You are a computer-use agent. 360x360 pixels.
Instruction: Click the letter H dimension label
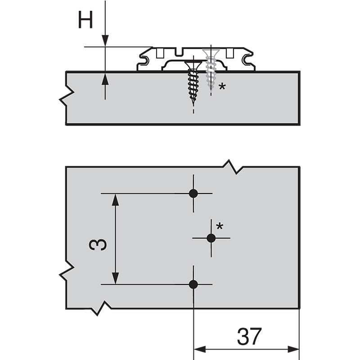pos(85,20)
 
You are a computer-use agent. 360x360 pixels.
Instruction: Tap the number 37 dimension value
pos(249,336)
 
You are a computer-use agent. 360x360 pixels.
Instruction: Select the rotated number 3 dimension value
pos(98,244)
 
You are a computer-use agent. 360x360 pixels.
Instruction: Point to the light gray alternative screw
pos(211,69)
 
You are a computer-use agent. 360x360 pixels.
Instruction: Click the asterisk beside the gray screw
pos(222,87)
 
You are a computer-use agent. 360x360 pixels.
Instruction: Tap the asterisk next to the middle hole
pos(220,226)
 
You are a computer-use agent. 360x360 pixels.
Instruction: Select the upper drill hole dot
pos(193,193)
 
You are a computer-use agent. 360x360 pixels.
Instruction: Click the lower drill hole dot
pos(193,284)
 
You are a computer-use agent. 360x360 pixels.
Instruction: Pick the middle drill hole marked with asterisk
pos(211,238)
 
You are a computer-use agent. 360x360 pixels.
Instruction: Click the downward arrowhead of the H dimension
pos(105,40)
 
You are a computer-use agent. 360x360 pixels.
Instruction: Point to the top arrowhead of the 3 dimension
pos(115,200)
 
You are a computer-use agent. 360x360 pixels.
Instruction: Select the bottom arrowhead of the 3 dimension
pos(115,278)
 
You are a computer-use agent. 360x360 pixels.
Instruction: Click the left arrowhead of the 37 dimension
pos(200,350)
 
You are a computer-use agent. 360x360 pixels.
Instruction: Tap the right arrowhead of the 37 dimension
pos(293,350)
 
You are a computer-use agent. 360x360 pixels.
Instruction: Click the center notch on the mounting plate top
pos(179,52)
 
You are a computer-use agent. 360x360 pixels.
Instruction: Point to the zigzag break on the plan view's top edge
pos(233,167)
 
